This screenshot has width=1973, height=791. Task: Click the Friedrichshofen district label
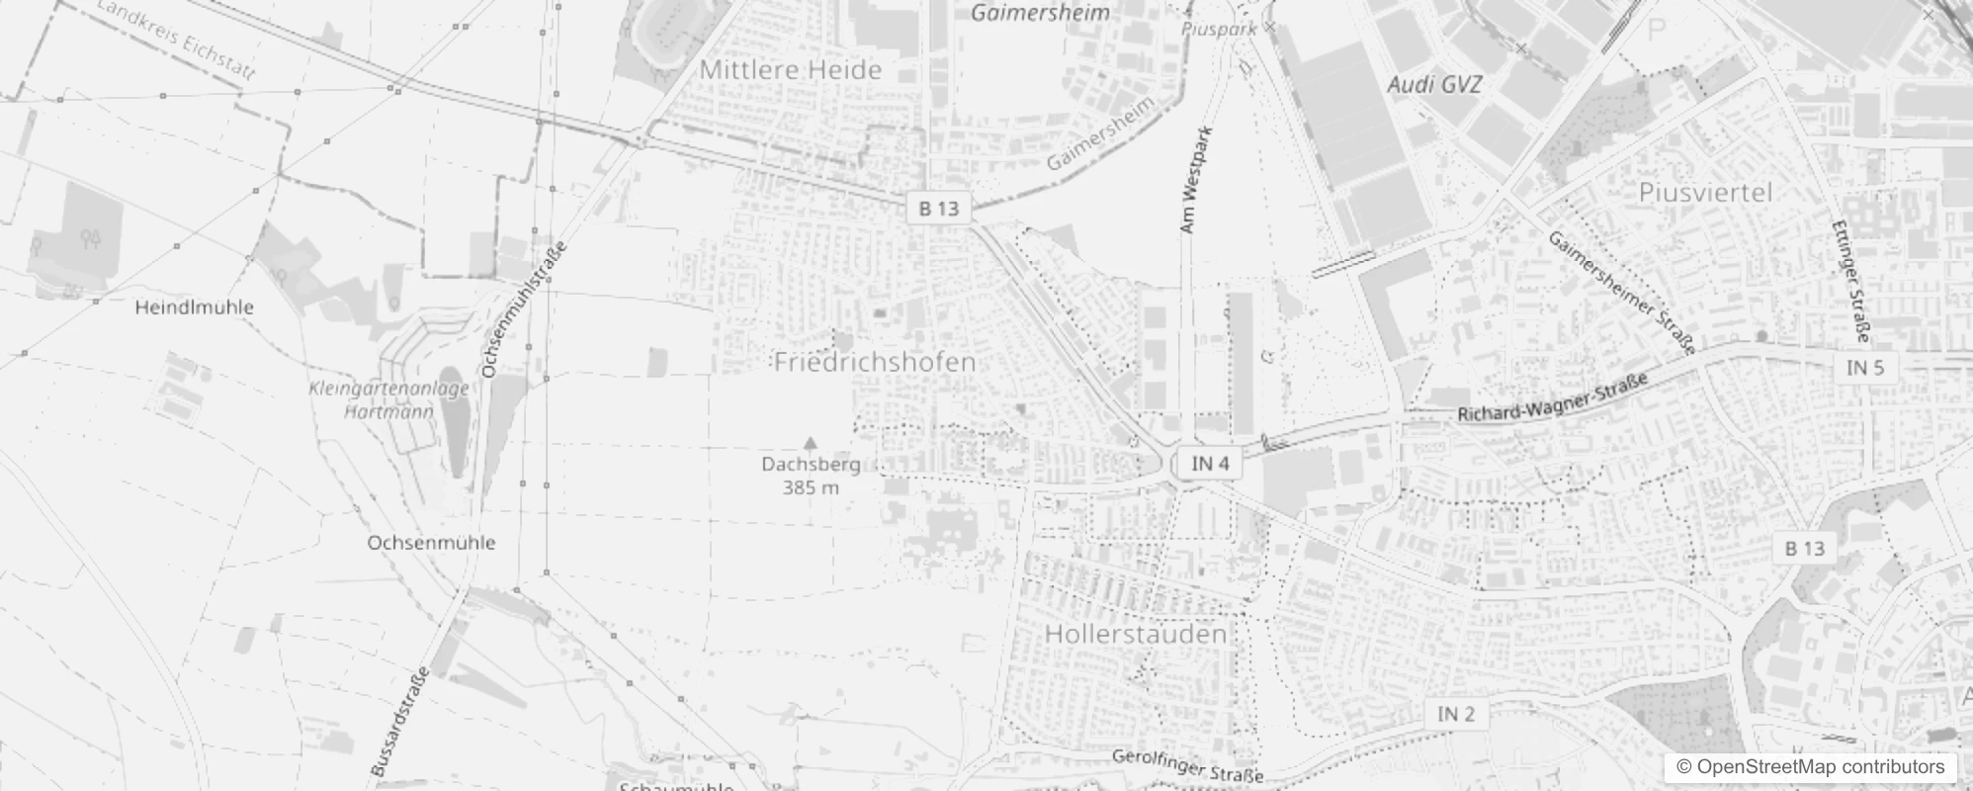(x=875, y=362)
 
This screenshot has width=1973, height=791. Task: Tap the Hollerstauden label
(x=1136, y=634)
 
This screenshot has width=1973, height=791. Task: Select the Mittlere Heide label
(x=790, y=70)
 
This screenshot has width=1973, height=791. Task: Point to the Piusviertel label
(x=1705, y=192)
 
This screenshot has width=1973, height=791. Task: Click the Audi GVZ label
(x=1434, y=85)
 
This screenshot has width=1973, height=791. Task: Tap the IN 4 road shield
(x=1210, y=464)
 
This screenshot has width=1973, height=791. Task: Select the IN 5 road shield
(x=1865, y=368)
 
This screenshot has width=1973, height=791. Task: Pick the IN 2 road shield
(x=1455, y=714)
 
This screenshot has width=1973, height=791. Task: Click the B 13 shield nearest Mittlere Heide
(x=938, y=209)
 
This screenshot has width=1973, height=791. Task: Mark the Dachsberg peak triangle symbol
(x=811, y=443)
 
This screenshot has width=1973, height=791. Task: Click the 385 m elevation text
(x=811, y=487)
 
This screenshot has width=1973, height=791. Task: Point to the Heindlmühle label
(x=194, y=308)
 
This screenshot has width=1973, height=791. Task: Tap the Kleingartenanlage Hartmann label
(x=388, y=399)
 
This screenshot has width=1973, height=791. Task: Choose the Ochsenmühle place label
(x=431, y=543)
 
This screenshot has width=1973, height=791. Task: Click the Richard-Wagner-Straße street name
(x=1553, y=397)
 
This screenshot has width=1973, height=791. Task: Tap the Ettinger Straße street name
(x=1849, y=282)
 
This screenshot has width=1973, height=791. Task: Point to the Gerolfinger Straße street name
(x=1187, y=765)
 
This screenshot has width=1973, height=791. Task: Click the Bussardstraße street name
(x=400, y=722)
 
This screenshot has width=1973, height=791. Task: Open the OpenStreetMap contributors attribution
(x=1809, y=767)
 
